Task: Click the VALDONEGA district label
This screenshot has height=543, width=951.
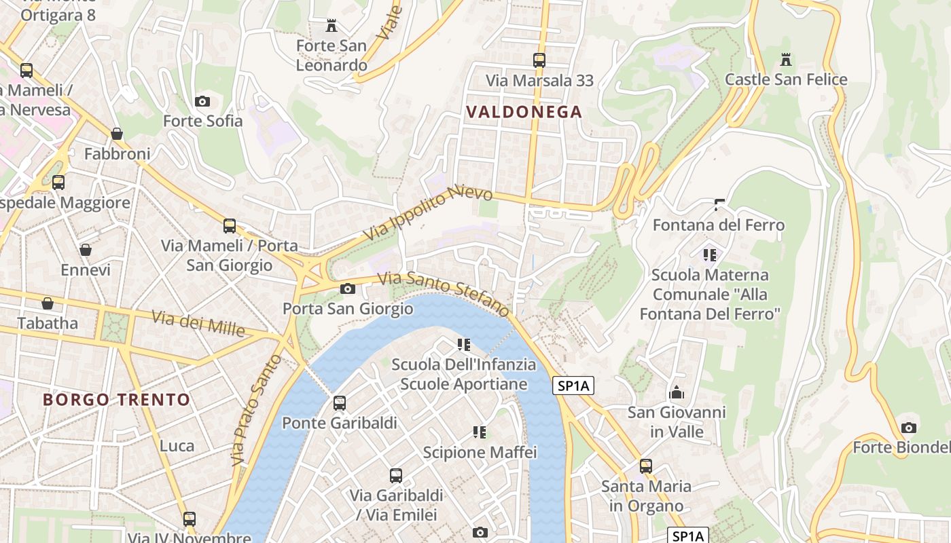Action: [524, 112]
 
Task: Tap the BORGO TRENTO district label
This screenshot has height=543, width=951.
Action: [116, 399]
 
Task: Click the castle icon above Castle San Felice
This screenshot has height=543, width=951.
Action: [786, 60]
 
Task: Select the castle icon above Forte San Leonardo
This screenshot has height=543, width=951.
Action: [331, 26]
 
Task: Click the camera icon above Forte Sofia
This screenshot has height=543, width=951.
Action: [202, 101]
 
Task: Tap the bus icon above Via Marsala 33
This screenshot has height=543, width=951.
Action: [539, 60]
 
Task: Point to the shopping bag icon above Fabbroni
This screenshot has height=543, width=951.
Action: [117, 134]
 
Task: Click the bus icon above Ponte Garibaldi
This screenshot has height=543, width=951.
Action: [339, 403]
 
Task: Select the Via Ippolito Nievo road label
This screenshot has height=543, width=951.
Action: [428, 213]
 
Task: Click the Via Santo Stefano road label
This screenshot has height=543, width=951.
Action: [444, 293]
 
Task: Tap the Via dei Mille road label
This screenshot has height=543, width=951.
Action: [198, 323]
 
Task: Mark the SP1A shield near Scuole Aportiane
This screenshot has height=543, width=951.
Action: [573, 386]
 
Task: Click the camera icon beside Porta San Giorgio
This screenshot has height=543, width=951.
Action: [347, 289]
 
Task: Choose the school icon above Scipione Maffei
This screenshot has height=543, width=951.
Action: [480, 432]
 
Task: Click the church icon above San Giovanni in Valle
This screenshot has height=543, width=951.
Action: [676, 392]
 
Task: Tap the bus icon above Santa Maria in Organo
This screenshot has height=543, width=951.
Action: [645, 466]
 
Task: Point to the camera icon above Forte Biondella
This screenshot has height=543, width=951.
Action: [908, 428]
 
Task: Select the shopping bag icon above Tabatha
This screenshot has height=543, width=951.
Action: [48, 303]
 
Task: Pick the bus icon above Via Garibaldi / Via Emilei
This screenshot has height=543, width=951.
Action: [395, 475]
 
